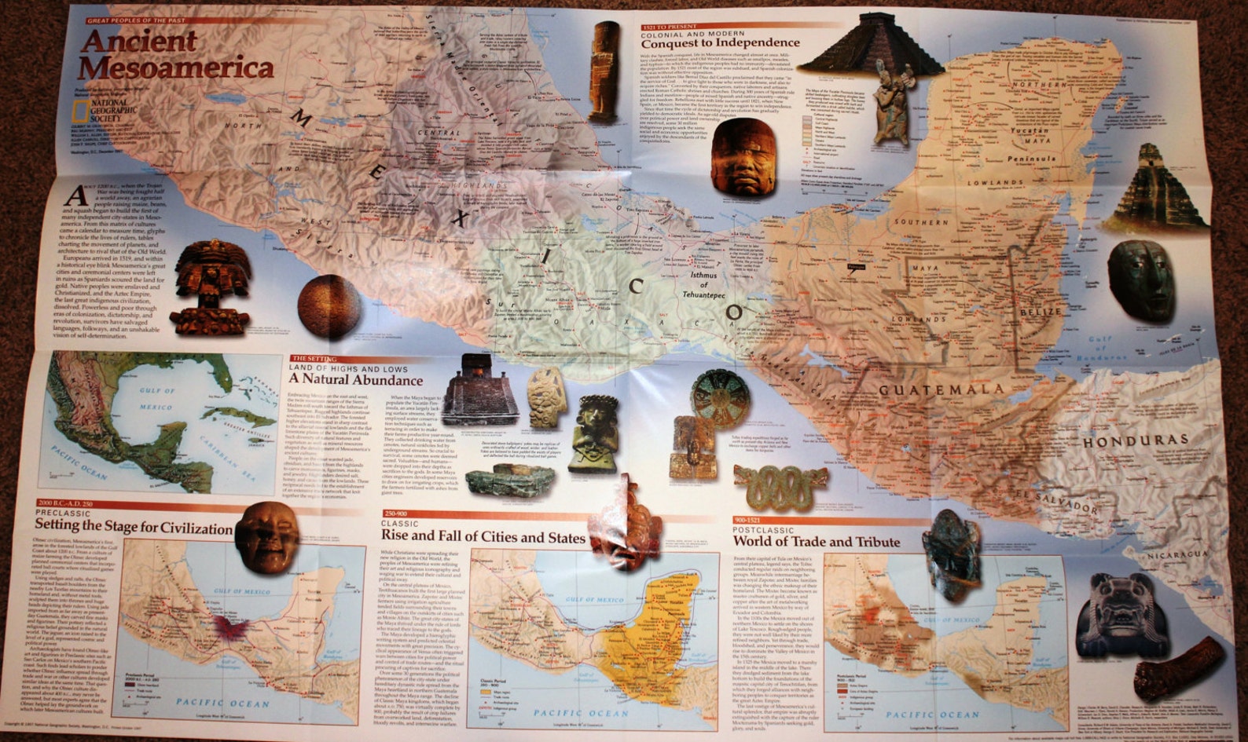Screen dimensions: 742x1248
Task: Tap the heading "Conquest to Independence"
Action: pos(719,42)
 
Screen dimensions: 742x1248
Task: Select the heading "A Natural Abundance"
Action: pos(356,381)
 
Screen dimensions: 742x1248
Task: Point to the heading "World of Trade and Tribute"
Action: pos(817,542)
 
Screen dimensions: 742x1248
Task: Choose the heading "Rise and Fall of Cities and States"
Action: pos(483,537)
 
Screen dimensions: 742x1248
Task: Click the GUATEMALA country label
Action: pos(941,389)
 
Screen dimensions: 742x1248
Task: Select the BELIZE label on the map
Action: pos(1041,312)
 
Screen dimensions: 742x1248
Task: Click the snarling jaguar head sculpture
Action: pos(1116,615)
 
